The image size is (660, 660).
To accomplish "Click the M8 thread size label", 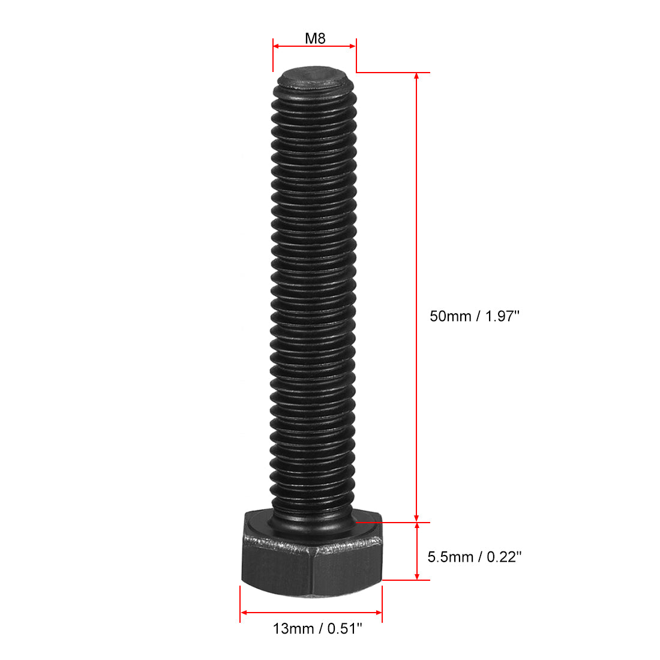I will [315, 38].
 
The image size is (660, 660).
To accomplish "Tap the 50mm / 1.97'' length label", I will [473, 316].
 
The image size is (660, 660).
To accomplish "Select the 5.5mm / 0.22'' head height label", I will [474, 557].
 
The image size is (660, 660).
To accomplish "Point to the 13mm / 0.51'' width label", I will [318, 629].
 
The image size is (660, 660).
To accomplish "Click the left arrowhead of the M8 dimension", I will [277, 46].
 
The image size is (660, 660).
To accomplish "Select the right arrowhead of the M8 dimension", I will [353, 46].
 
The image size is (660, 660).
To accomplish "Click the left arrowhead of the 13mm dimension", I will [244, 613].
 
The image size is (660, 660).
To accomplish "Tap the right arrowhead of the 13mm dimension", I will [379, 613].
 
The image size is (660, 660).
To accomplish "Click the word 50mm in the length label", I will [450, 316].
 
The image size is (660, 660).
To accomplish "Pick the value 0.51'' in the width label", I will [341, 629].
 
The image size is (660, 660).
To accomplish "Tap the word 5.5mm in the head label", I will [449, 557].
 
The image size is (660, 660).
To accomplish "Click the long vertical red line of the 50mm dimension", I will [416, 240].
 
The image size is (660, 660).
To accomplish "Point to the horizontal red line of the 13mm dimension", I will [311, 613].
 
